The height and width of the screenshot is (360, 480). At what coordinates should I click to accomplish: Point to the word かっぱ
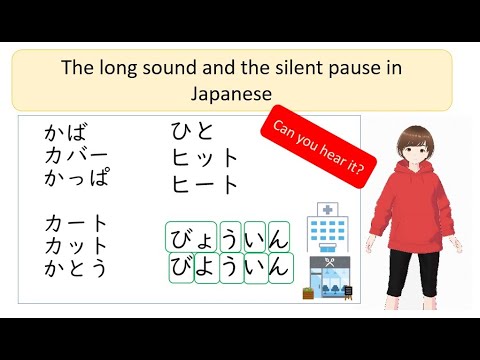click(x=77, y=178)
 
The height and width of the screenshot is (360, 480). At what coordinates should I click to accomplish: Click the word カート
click(x=76, y=223)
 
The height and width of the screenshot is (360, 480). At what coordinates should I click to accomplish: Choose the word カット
click(x=76, y=245)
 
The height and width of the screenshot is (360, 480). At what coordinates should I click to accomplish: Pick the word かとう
click(x=76, y=268)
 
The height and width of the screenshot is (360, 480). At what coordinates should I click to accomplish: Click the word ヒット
click(x=206, y=158)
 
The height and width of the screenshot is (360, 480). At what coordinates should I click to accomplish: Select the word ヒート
click(x=206, y=184)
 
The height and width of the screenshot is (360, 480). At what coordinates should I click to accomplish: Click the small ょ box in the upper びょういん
click(x=206, y=239)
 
